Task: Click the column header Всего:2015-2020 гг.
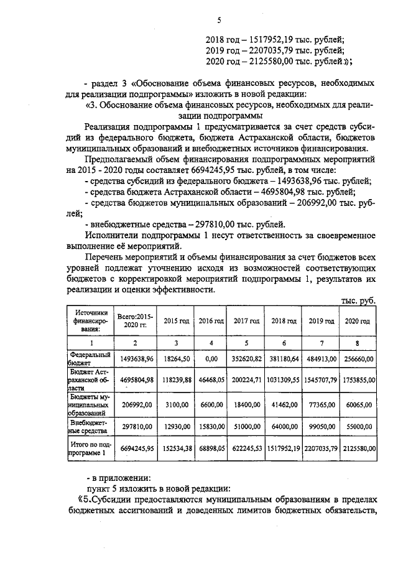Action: tap(135, 321)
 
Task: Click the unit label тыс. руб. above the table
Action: tap(359, 299)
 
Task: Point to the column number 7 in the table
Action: tap(322, 343)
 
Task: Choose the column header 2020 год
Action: tap(358, 321)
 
